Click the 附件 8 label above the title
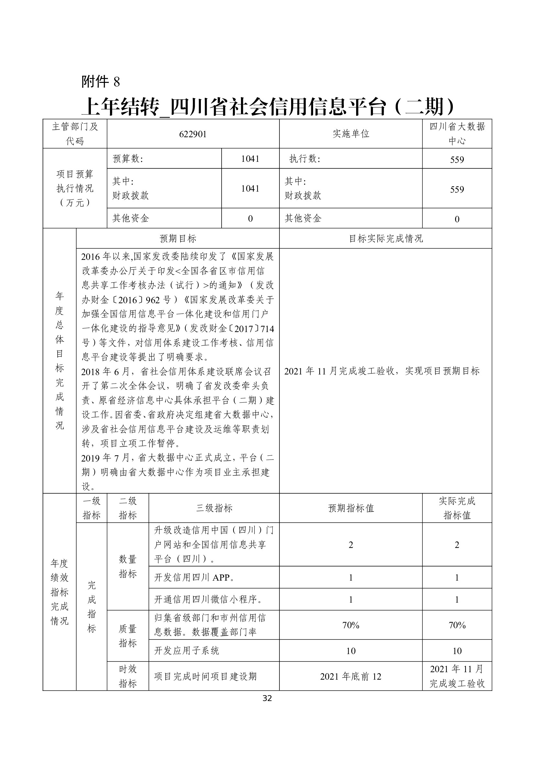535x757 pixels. [x=101, y=82]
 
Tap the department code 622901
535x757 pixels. [x=193, y=134]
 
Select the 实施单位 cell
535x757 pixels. [x=351, y=134]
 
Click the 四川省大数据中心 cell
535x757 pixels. [x=457, y=134]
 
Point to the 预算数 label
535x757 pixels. [x=128, y=159]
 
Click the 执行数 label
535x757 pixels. [x=304, y=159]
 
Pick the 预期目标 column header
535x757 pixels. [x=178, y=239]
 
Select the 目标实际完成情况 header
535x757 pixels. [x=386, y=239]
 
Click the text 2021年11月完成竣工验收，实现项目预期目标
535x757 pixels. [x=382, y=371]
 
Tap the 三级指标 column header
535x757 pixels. [x=214, y=508]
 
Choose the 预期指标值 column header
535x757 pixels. [x=351, y=508]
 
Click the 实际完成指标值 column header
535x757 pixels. [x=457, y=508]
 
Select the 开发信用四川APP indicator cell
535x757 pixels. [x=194, y=577]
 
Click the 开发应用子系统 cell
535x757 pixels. [x=186, y=651]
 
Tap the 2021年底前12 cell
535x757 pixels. [x=351, y=676]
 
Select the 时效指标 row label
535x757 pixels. [x=127, y=676]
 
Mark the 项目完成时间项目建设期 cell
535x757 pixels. [x=205, y=676]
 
